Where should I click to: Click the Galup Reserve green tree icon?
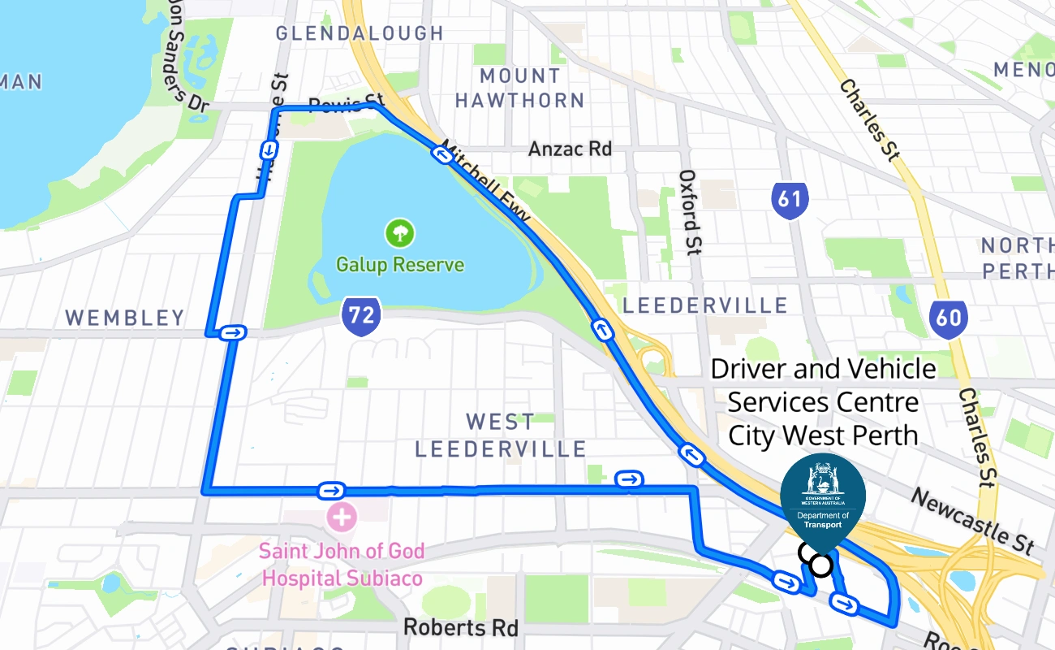tap(399, 234)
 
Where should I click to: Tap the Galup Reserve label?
tap(400, 265)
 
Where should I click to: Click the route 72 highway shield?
tap(361, 316)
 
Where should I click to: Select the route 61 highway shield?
tap(790, 200)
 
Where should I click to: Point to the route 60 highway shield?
tap(948, 317)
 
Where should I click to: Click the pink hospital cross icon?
tap(342, 516)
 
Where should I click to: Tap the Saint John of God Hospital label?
tap(342, 565)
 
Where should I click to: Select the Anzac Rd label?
tap(570, 149)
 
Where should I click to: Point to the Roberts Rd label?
tap(461, 627)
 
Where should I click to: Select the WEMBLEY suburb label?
tap(125, 318)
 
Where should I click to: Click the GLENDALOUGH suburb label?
tap(360, 33)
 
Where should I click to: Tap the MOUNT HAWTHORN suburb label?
tap(519, 88)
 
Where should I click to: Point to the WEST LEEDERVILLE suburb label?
tap(500, 435)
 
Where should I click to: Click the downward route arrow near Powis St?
tap(268, 149)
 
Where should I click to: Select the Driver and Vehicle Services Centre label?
tap(823, 402)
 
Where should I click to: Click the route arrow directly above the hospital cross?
tap(332, 490)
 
